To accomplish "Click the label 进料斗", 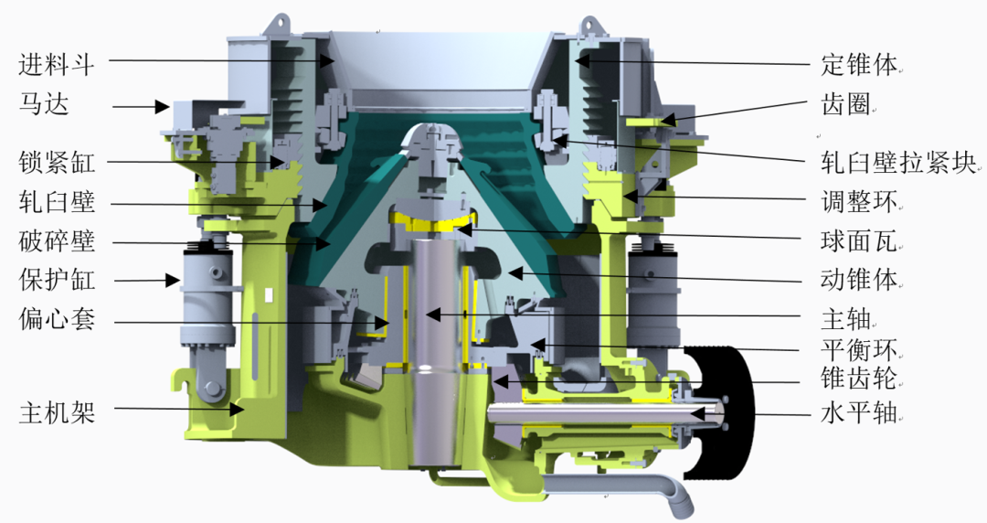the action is tap(57, 65).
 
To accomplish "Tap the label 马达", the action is tap(44, 104).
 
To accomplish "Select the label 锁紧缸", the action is tap(57, 163).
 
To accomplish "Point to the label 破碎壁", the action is tap(57, 241).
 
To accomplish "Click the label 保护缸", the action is tap(57, 280).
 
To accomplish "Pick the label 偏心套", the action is tap(57, 319).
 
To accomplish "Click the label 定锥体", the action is tap(859, 65).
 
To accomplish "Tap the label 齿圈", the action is tap(846, 104).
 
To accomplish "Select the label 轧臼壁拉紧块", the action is tap(898, 163).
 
